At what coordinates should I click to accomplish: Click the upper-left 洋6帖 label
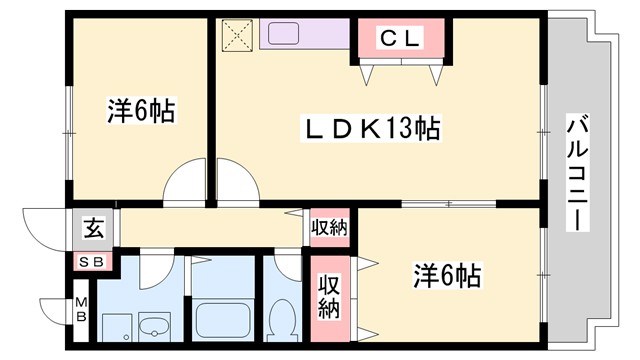click(x=141, y=112)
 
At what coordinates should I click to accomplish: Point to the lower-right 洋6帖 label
click(x=448, y=274)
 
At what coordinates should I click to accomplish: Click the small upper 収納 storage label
click(x=329, y=228)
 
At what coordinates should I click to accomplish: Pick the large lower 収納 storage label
click(x=329, y=295)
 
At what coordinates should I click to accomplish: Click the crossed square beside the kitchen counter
click(x=239, y=35)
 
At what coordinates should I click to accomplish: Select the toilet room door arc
click(x=287, y=268)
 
